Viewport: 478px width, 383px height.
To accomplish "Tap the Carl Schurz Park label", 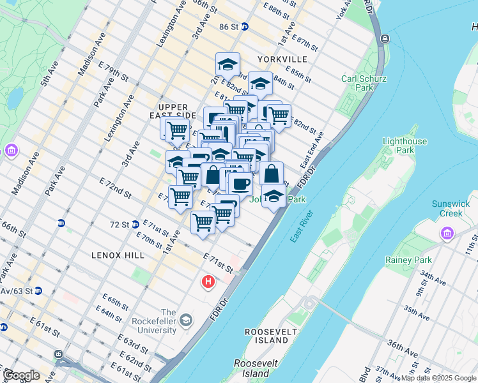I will [357, 83].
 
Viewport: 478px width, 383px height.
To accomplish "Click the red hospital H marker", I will [208, 281].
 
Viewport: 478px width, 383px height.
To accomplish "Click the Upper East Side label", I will [173, 111].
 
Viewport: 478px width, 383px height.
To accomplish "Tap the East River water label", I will [300, 226].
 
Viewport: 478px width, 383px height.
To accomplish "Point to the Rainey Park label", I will [408, 260].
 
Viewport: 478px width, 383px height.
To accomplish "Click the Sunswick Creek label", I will [451, 208].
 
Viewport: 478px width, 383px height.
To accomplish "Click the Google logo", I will [21, 375].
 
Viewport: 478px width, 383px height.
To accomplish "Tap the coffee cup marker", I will [240, 184].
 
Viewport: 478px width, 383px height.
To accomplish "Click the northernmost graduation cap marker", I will [227, 64].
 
